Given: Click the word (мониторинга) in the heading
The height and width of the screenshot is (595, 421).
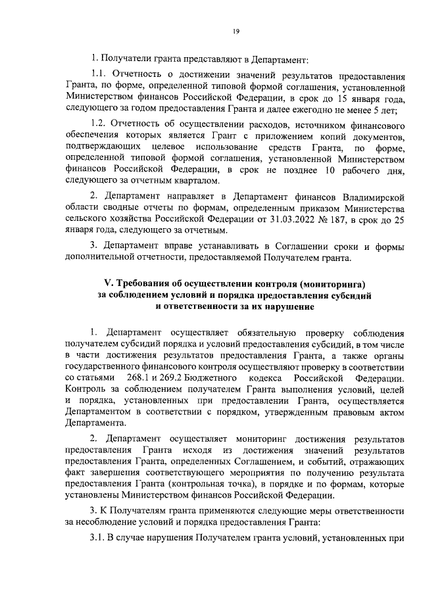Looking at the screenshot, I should coord(334,283).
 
